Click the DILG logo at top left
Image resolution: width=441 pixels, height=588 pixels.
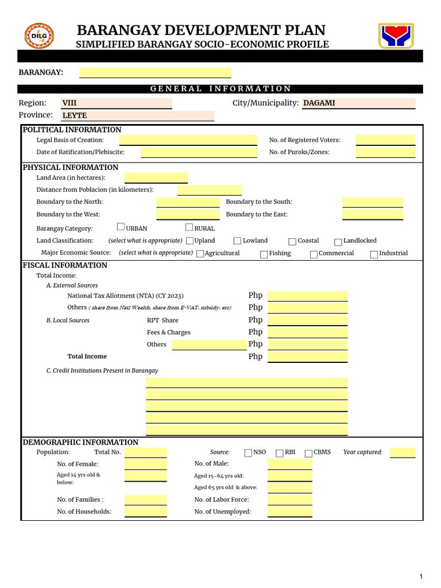[x=39, y=36]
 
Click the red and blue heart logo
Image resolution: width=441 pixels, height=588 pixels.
[x=396, y=36]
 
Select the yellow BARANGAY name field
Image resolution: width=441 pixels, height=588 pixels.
[x=155, y=72]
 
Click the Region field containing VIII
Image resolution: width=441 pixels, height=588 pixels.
[x=117, y=103]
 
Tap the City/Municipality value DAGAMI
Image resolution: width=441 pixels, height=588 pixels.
[x=358, y=103]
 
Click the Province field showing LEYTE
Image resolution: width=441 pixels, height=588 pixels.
[x=138, y=115]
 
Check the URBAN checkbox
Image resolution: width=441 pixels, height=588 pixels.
[x=121, y=227]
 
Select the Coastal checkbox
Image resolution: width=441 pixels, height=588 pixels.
[x=292, y=242]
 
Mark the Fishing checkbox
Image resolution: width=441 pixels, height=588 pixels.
[x=264, y=254]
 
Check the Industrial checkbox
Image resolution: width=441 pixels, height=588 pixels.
[x=374, y=254]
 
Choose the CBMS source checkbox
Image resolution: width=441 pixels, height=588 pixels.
[x=308, y=453]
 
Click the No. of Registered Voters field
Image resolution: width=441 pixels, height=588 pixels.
[x=385, y=140]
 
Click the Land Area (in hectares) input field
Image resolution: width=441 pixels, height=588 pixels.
[x=156, y=178]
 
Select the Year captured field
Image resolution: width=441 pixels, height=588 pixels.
[x=402, y=452]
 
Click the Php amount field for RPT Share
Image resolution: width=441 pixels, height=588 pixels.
[x=307, y=320]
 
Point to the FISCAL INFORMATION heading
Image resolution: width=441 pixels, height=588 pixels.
[x=65, y=265]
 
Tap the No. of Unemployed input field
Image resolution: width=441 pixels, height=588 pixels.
[x=289, y=512]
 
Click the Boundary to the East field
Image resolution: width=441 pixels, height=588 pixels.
[x=373, y=214]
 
